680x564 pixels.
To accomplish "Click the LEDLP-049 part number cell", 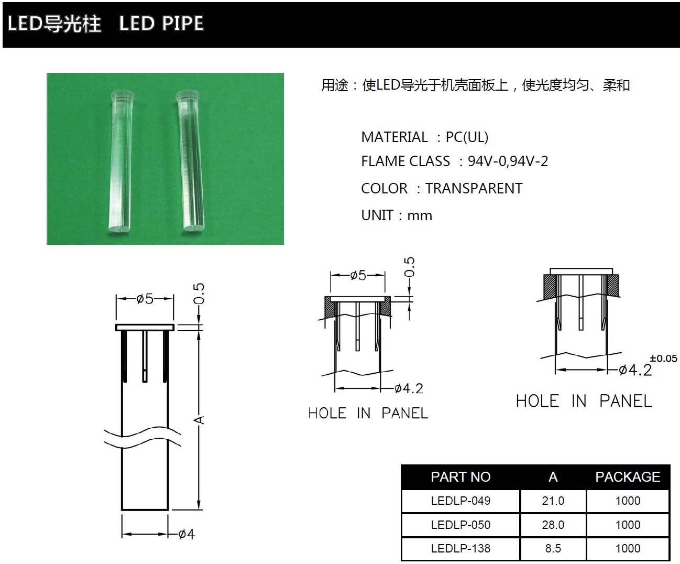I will click(460, 501).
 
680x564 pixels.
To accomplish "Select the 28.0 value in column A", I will click(553, 525).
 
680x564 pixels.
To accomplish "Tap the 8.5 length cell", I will click(553, 548).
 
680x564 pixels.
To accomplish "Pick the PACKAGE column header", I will click(628, 477).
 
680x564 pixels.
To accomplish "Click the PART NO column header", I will click(460, 477).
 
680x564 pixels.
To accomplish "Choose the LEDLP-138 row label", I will click(460, 548).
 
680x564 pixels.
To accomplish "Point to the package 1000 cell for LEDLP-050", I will click(628, 525).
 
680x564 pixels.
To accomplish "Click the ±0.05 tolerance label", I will click(663, 359).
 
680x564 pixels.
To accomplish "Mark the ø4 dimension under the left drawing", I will click(186, 534).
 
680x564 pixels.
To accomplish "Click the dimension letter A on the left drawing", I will click(199, 420).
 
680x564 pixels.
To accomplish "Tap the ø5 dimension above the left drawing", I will click(145, 299).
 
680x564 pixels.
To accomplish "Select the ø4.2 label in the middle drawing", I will click(409, 388).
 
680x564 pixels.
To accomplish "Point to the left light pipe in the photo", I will click(120, 162).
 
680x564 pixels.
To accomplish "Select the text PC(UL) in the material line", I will click(467, 137).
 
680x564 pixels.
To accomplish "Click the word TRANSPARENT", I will click(474, 189).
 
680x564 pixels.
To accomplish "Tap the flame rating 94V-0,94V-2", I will click(508, 161).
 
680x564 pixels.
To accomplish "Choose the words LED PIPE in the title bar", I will click(161, 24).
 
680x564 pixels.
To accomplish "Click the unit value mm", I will click(420, 215).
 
